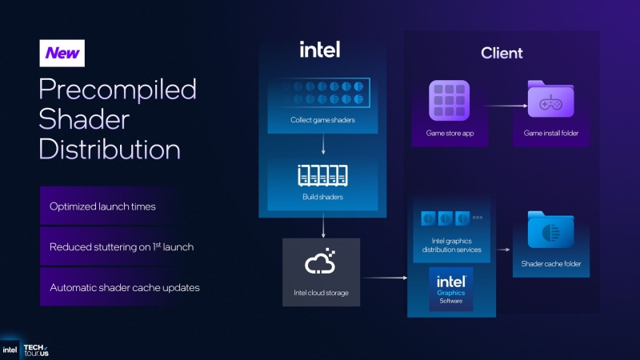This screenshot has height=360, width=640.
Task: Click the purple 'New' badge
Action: coord(62,53)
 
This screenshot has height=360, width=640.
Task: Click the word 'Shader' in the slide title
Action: coord(83,118)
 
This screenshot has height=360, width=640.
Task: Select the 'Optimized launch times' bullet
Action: coord(102,206)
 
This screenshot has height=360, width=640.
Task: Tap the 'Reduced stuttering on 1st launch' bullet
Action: coord(121,247)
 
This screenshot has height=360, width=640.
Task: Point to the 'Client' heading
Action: coord(502,54)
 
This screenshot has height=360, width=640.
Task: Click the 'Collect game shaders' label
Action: coord(322,121)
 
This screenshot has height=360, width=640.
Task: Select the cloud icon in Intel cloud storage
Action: coord(321,262)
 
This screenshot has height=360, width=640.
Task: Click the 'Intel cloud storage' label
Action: coord(321,293)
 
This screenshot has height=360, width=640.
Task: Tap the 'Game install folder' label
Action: coord(551,133)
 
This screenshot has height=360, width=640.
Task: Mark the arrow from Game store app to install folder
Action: coord(497,104)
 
